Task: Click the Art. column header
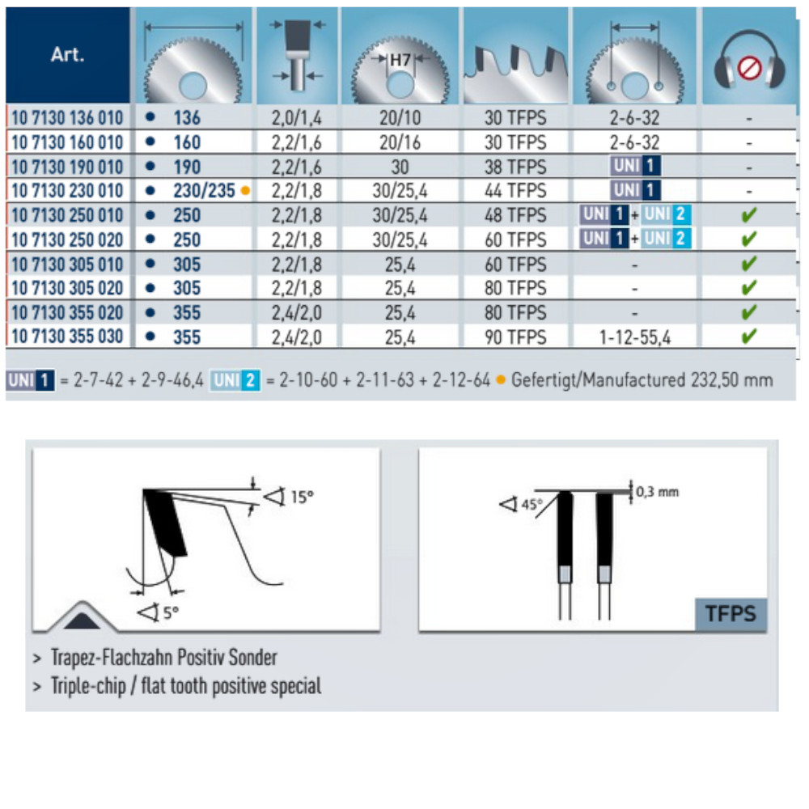(67, 57)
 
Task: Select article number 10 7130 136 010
(67, 118)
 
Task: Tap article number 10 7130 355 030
(67, 337)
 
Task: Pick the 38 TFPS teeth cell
(515, 167)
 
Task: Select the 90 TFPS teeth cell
(515, 337)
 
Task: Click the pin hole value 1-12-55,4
(635, 337)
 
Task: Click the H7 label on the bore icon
(400, 60)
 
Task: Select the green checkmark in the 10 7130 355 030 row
(749, 336)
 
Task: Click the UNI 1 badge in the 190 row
(635, 167)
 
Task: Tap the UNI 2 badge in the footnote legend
(235, 380)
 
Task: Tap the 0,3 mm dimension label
(657, 492)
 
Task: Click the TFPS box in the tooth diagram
(730, 614)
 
